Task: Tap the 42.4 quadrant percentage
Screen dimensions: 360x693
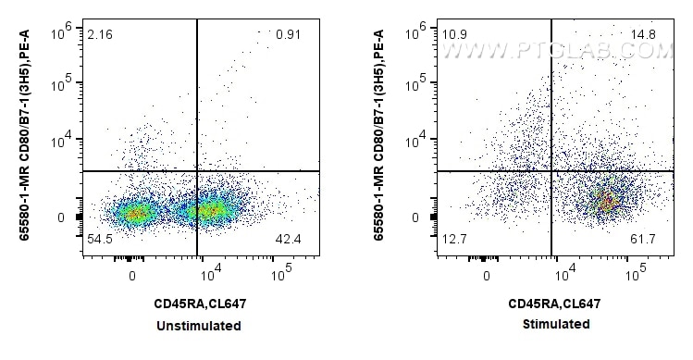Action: click(x=288, y=240)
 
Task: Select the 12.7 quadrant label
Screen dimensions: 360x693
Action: click(x=453, y=240)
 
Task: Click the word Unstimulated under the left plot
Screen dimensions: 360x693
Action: click(x=201, y=326)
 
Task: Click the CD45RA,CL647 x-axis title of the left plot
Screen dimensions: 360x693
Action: click(x=201, y=304)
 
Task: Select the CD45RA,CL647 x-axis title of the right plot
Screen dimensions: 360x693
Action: click(x=554, y=304)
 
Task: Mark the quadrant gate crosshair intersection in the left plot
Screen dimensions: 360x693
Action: click(x=197, y=171)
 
